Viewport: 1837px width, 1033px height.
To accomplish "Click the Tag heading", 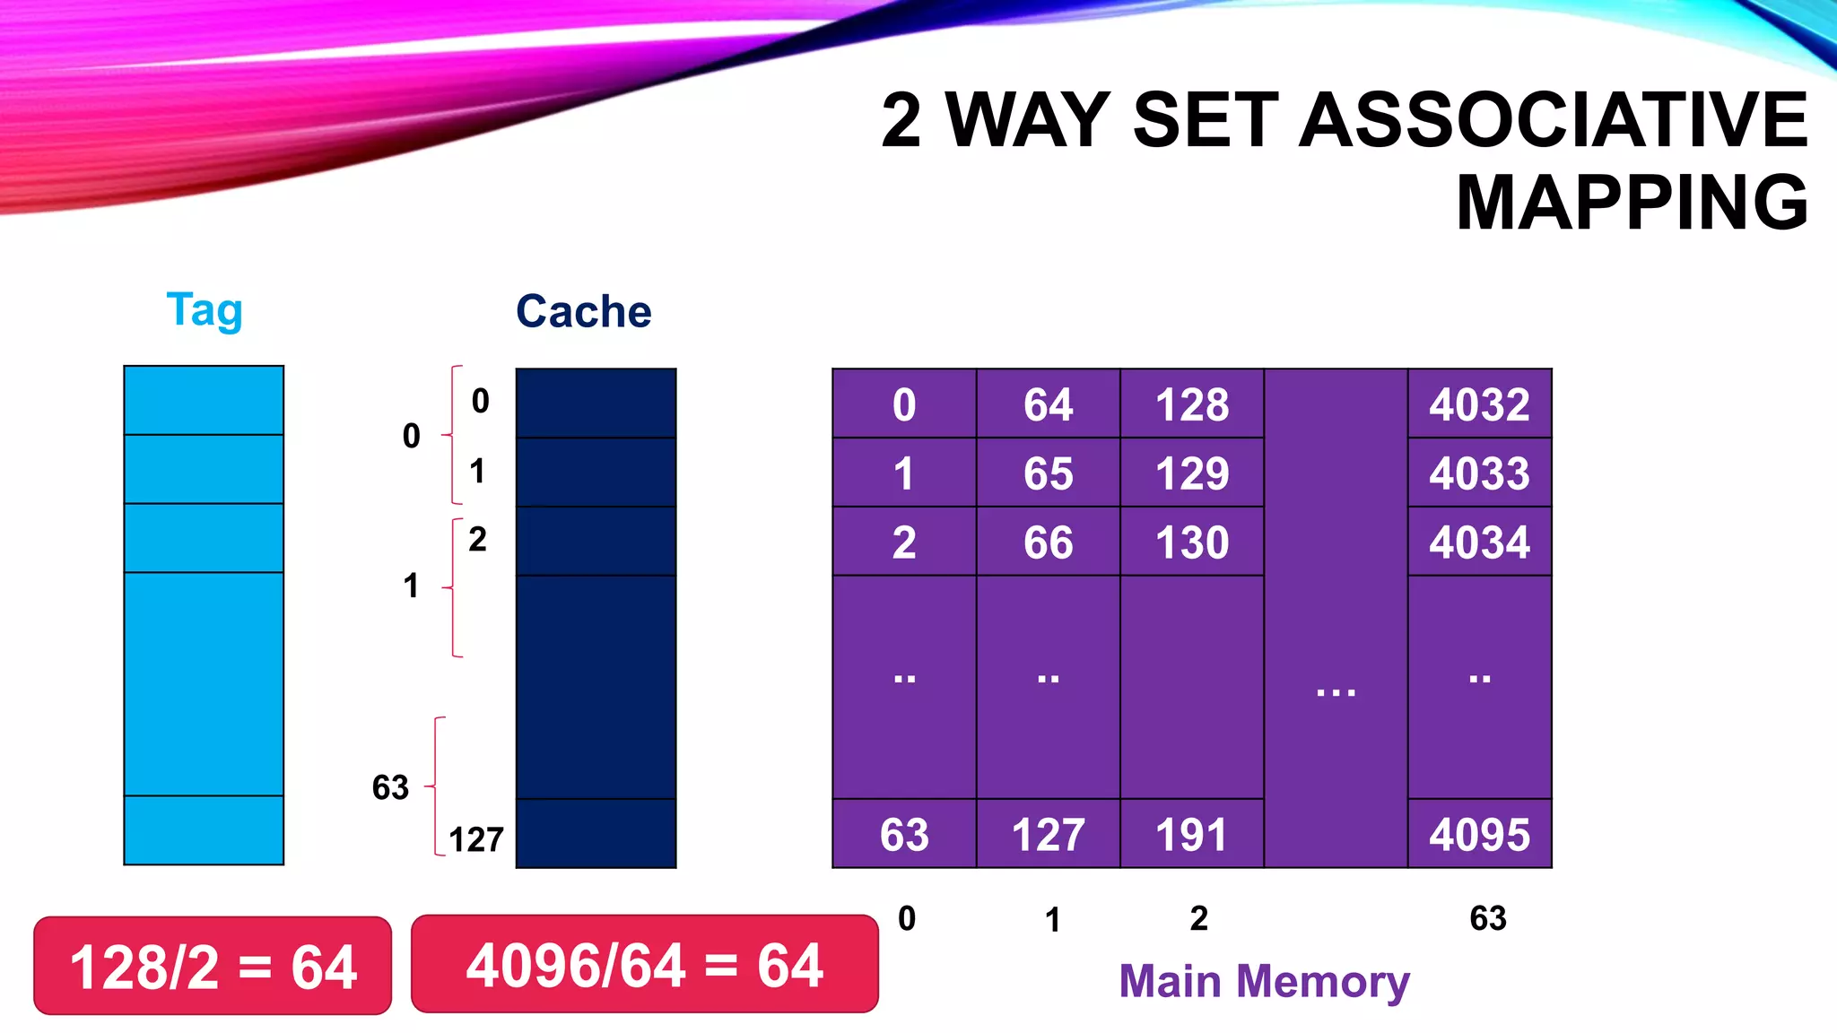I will click(205, 310).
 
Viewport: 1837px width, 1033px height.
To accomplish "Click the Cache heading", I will click(583, 312).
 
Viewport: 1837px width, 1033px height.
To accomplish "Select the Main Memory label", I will click(1264, 981).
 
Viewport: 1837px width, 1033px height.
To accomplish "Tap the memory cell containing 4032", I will click(1479, 404).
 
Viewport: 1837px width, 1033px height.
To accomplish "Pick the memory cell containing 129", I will click(1191, 473).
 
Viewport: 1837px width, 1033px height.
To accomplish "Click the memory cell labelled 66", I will click(1048, 543).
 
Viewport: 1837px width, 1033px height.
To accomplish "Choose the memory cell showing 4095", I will click(1479, 834).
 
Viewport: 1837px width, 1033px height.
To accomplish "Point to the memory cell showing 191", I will click(1191, 834).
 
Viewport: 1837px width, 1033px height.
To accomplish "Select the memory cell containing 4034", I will click(1479, 543).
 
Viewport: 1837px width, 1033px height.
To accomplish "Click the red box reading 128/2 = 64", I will click(213, 967).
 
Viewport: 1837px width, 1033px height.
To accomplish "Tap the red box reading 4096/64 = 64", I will click(644, 965).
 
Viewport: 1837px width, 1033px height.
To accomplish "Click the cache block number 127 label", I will click(476, 840).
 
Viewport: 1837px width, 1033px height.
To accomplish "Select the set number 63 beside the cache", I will click(390, 787).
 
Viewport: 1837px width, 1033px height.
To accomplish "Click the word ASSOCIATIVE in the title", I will click(1553, 120).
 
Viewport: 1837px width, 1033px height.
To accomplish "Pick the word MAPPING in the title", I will click(1632, 203).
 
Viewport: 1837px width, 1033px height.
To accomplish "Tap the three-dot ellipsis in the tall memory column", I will click(1336, 691).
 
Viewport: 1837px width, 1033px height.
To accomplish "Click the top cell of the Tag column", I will click(204, 401).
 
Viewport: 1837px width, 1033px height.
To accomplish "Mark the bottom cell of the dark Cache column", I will click(596, 834).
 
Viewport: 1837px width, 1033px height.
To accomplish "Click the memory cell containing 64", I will click(1048, 404).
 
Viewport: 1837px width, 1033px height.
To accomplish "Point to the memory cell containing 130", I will click(1191, 543).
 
